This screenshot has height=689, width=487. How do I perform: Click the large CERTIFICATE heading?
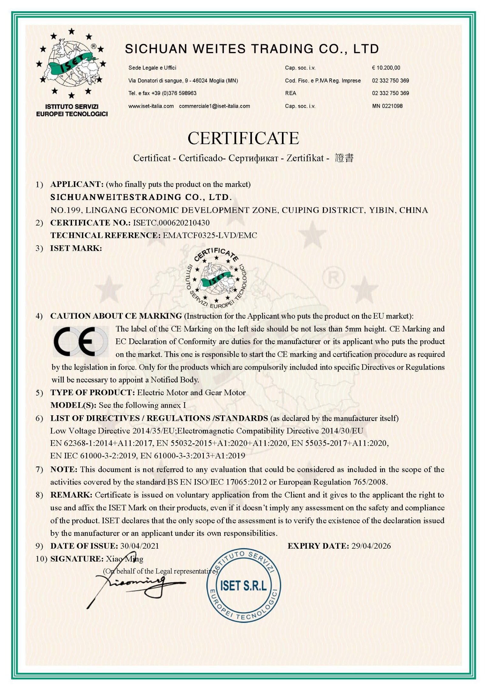click(243, 138)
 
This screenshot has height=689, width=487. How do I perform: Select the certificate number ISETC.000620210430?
click(171, 223)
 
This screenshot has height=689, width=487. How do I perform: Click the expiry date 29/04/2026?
click(371, 546)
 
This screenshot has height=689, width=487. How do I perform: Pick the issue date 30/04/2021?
click(139, 546)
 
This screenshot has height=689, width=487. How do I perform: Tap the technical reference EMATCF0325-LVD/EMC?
click(210, 235)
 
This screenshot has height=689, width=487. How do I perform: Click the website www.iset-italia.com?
click(151, 106)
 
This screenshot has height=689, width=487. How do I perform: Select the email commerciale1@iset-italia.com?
click(214, 106)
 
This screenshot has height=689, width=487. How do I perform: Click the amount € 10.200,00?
click(386, 68)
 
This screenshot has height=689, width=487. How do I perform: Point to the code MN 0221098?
click(387, 106)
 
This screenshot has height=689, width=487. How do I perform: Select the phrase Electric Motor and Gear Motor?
click(191, 392)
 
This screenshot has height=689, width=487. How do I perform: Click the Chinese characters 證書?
click(344, 158)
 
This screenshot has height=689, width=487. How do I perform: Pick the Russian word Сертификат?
click(253, 158)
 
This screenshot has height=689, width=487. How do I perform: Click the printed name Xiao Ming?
click(124, 559)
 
